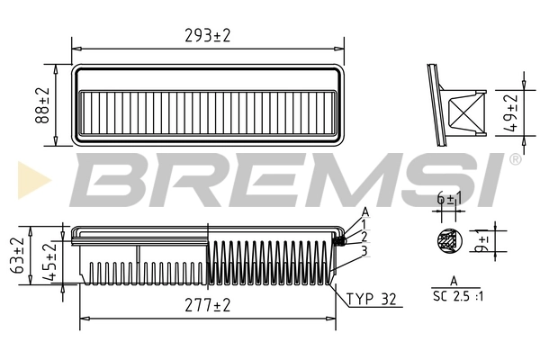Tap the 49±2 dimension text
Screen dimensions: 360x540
click(511, 112)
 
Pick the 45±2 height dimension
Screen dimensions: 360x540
click(51, 263)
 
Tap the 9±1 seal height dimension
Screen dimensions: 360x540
click(482, 243)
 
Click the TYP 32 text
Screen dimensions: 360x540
click(371, 299)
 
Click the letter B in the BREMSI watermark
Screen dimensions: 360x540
click(101, 178)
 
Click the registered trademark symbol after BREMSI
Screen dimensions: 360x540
click(515, 159)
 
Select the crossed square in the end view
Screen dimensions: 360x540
click(465, 113)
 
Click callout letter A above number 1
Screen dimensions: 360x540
click(364, 211)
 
